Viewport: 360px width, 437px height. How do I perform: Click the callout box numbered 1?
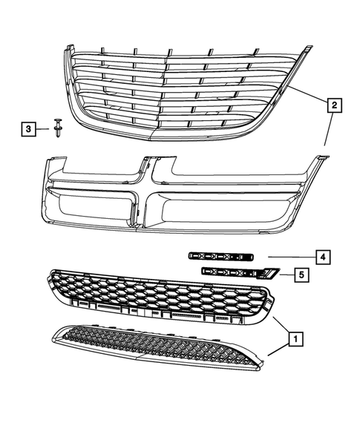[x=295, y=339]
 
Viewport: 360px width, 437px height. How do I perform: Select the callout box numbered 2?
[x=334, y=107]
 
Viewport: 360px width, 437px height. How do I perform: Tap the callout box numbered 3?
[x=27, y=130]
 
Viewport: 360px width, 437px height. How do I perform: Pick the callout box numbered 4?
[x=322, y=257]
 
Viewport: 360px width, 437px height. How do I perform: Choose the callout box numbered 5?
[x=301, y=275]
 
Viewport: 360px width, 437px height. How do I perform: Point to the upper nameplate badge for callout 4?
[x=220, y=256]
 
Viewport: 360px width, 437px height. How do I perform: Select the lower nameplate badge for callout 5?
[x=230, y=273]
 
